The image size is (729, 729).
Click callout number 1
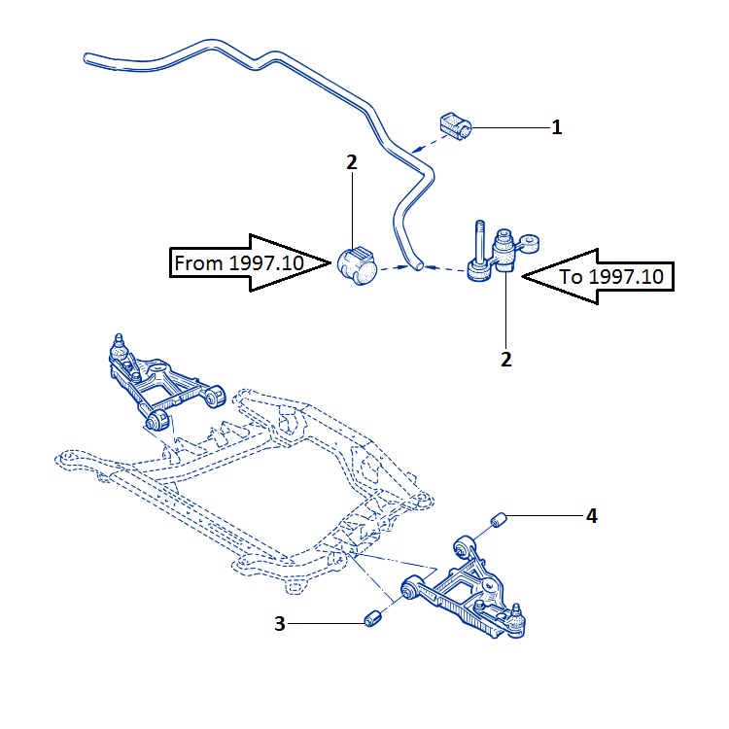(557, 127)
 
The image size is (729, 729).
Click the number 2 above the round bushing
(352, 162)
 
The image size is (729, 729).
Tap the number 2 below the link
(506, 359)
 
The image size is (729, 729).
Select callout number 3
(281, 625)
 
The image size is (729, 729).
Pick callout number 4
(591, 516)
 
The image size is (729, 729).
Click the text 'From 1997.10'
(238, 262)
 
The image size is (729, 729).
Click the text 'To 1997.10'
(612, 276)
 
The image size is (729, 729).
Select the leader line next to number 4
(545, 516)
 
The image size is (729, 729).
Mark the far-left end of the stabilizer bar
(87, 59)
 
